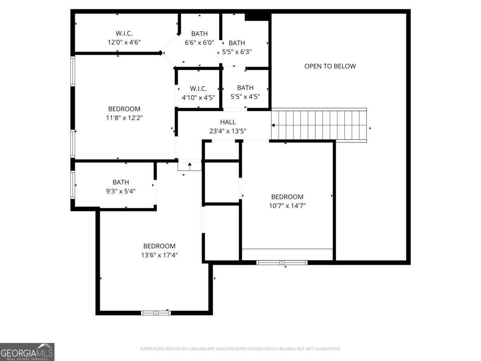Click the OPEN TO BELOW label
pos(330,66)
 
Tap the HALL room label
pos(228,122)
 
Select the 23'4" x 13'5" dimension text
pos(228,131)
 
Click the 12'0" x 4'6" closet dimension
pos(124,42)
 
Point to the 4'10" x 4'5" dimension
pos(198,97)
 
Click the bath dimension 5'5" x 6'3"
pos(237,52)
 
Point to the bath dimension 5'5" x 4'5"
pos(245,97)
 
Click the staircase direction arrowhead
pos(273,126)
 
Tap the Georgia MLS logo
pos(27,352)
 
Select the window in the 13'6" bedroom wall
pos(156,313)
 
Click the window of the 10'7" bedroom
pos(282,263)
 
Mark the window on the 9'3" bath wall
pos(73,185)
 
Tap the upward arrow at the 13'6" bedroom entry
pos(190,166)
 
